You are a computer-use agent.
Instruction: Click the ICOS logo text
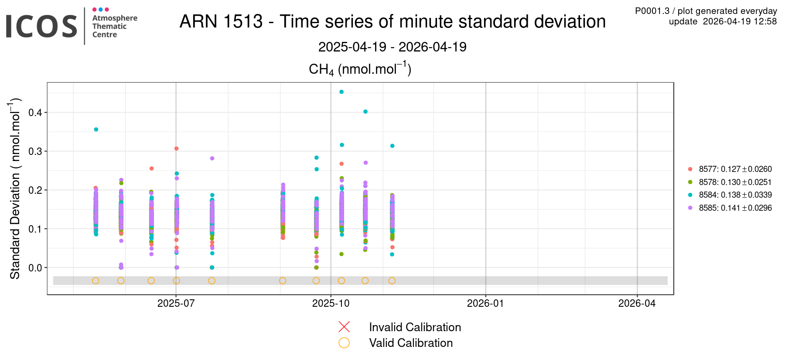tap(41, 26)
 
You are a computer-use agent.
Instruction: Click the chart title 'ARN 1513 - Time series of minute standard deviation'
tap(392, 21)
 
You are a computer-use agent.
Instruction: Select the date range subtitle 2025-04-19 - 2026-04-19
tap(392, 47)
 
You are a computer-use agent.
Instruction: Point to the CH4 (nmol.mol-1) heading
tap(360, 69)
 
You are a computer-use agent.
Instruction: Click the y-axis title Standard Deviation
tap(15, 188)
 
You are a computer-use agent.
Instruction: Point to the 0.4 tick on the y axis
tap(35, 113)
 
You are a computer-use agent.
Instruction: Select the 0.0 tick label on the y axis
tap(35, 267)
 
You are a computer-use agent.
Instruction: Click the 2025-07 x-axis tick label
tap(176, 303)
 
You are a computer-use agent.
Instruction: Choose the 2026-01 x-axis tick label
tap(485, 303)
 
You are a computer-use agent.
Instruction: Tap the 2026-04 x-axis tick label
tap(637, 303)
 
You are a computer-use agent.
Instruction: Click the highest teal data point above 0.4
tap(341, 92)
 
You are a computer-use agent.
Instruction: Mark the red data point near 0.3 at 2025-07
tap(176, 148)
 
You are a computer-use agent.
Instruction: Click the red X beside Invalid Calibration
tap(344, 327)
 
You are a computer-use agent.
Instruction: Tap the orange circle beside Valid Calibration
tap(344, 343)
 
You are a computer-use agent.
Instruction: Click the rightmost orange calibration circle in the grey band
tap(392, 281)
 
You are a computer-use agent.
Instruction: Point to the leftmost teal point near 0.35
tap(96, 129)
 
